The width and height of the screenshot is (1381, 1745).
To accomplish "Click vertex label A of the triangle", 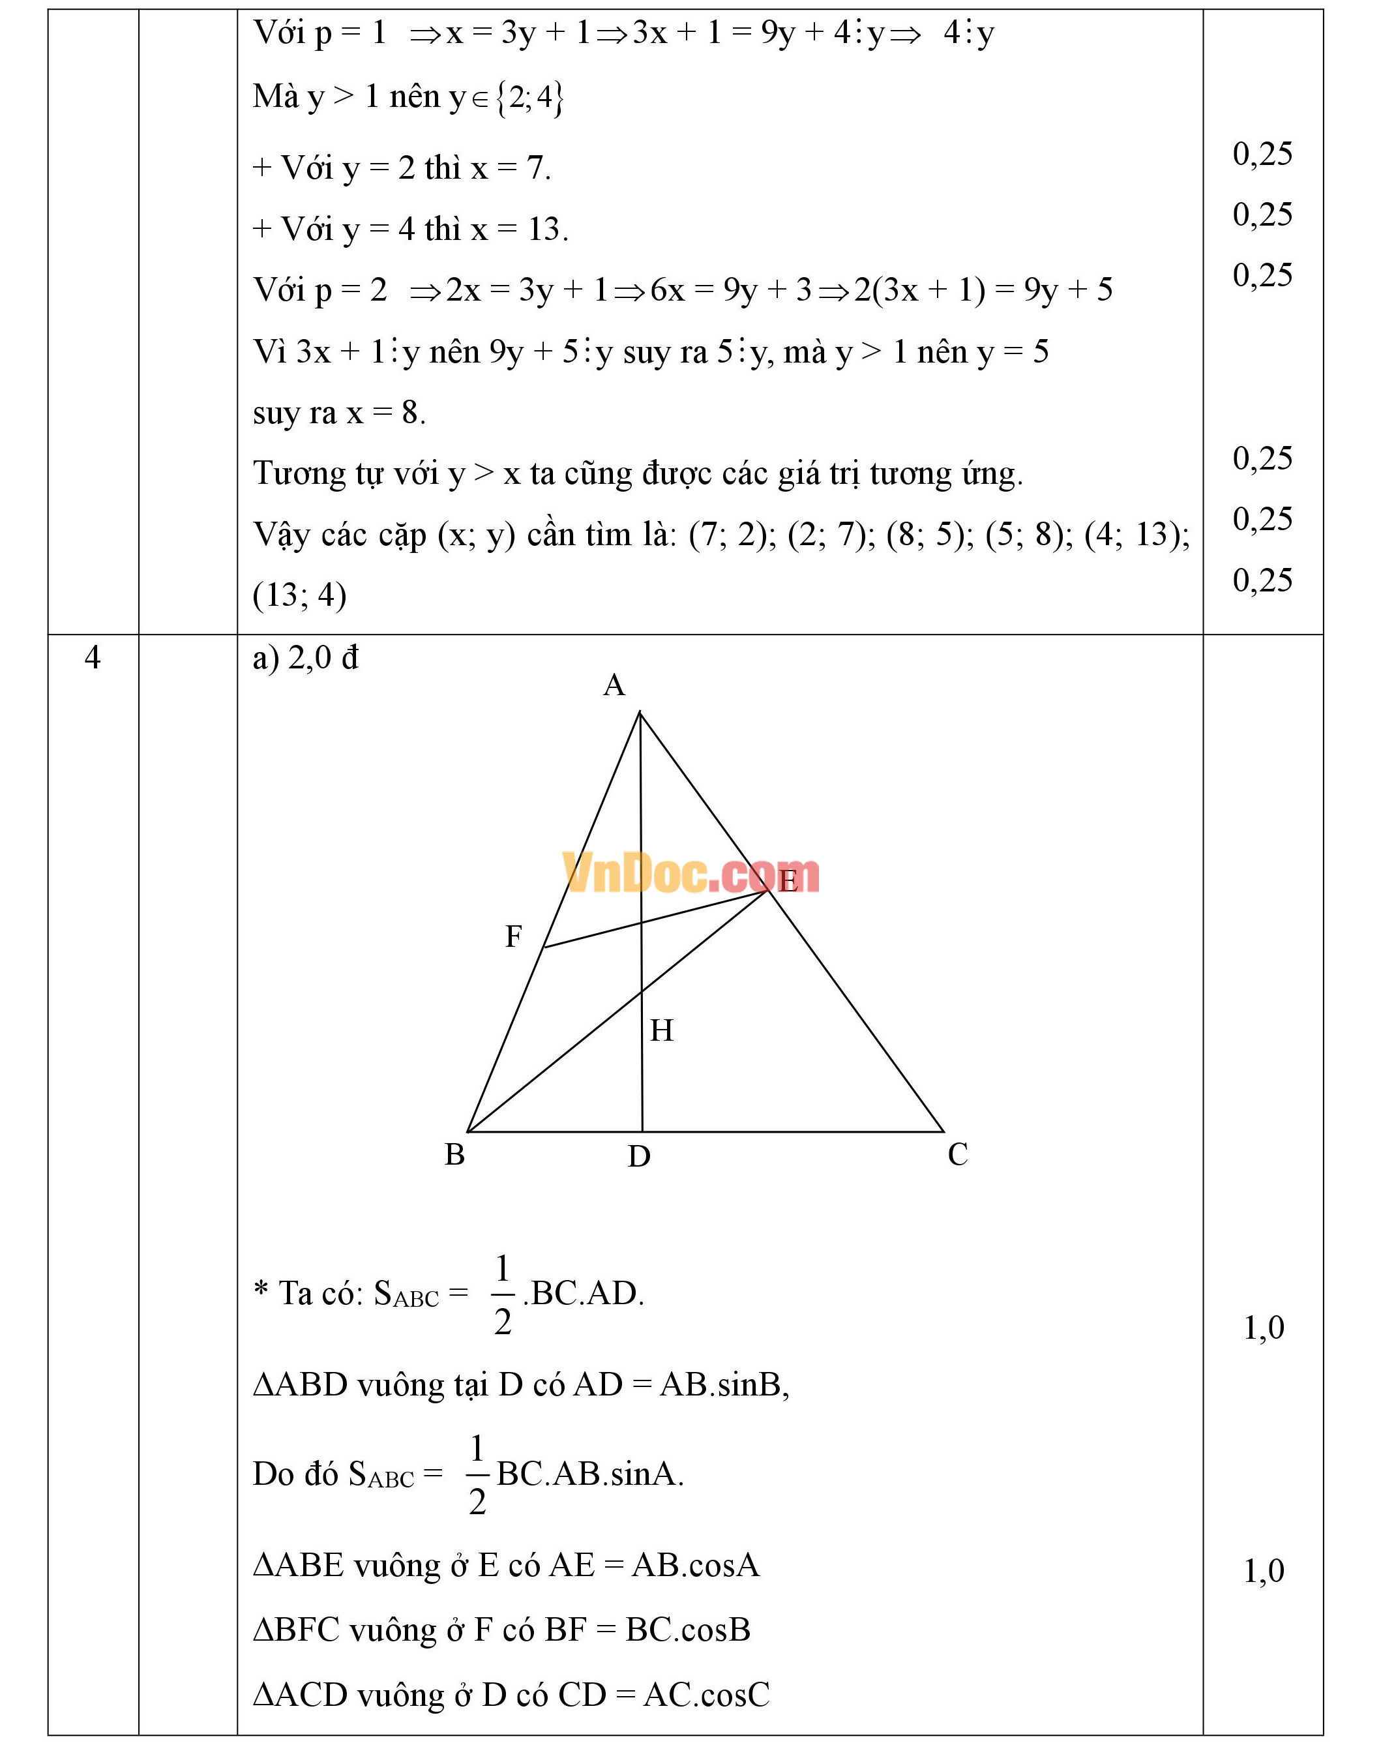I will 614,686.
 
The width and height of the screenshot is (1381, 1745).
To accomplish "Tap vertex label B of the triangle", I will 454,1155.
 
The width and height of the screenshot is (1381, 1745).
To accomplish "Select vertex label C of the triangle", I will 957,1155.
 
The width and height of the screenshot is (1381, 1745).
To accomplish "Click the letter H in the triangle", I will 661,1030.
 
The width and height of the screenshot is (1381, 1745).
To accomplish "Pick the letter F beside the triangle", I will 513,936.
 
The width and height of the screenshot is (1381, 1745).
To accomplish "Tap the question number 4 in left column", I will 92,657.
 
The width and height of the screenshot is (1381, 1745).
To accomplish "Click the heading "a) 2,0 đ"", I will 304,658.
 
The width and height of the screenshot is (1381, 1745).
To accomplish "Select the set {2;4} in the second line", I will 529,98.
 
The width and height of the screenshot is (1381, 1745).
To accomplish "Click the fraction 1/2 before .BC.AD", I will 502,1294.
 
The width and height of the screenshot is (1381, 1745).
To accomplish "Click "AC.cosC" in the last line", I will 706,1695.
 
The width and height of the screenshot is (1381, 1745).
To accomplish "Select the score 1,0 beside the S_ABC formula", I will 1263,1328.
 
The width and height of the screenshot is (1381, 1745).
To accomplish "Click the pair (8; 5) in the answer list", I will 930,535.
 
